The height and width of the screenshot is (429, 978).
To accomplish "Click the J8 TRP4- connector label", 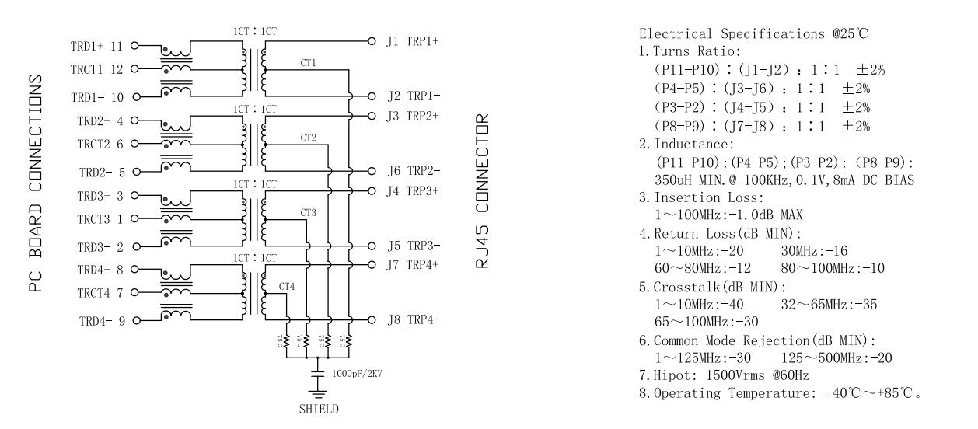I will pos(413,319).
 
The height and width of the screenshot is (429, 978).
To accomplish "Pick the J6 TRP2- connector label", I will pos(413,171).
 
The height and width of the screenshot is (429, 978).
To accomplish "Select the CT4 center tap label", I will pos(287,287).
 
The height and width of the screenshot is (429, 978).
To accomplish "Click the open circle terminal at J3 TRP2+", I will pos(372,116).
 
